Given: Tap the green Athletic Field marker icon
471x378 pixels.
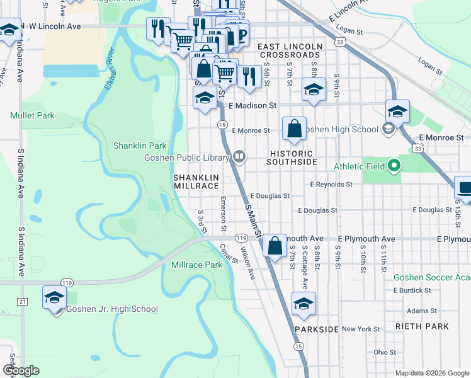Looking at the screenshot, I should [x=394, y=166].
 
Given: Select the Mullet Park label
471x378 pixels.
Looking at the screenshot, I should [x=32, y=115].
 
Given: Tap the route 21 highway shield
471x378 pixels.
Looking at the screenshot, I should [x=23, y=285].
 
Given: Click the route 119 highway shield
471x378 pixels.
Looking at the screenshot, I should [x=241, y=238].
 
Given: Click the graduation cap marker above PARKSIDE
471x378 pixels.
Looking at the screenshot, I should [x=304, y=287].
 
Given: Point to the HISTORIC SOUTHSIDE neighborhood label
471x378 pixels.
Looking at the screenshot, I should [x=292, y=157].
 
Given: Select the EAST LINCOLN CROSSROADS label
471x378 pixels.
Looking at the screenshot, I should [x=290, y=51].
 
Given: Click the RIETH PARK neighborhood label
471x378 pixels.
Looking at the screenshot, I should [x=423, y=326].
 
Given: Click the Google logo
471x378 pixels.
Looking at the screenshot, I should [x=21, y=370].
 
